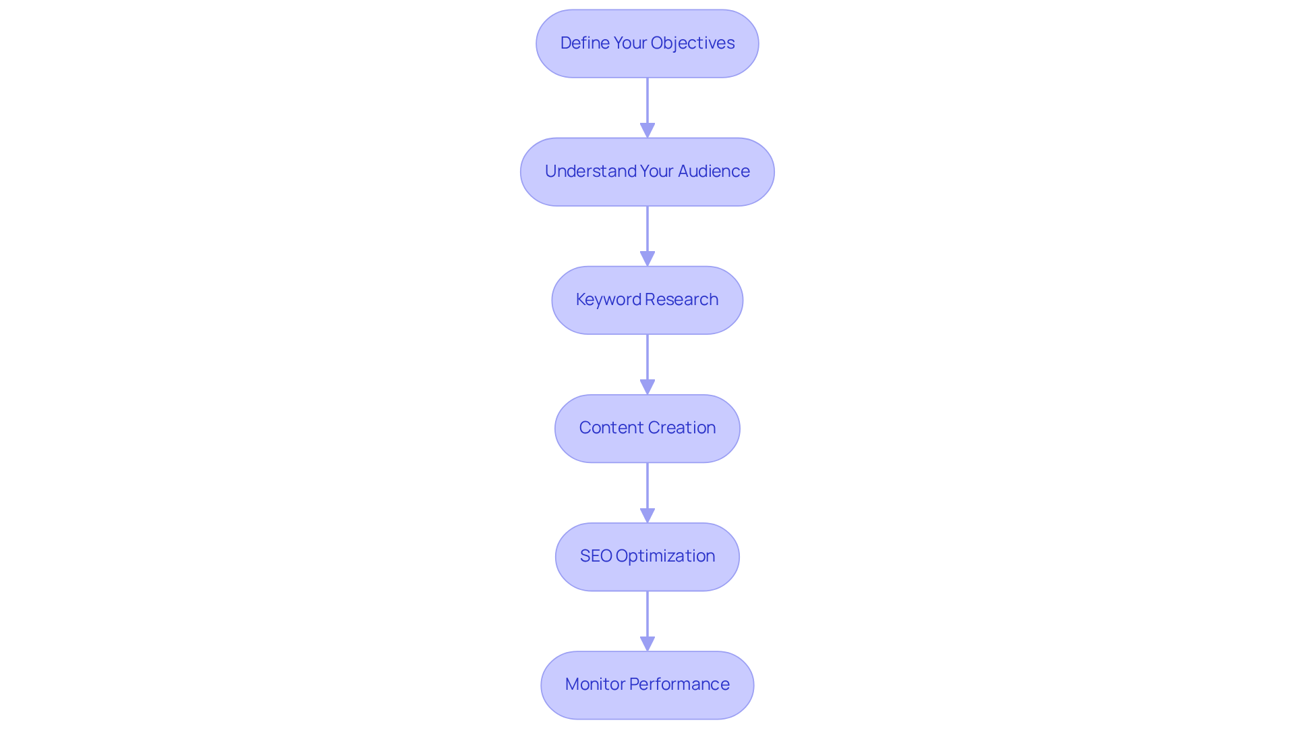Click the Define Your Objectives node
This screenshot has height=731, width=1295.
point(647,43)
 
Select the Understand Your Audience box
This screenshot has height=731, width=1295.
point(647,171)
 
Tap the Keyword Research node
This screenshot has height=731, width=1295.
point(647,300)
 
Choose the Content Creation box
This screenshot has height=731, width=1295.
point(647,428)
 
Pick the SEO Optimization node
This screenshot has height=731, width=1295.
point(647,556)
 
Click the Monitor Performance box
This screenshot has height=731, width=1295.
point(647,684)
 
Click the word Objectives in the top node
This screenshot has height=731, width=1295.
point(693,43)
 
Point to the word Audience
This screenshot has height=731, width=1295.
point(714,171)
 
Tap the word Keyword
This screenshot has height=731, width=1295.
point(608,300)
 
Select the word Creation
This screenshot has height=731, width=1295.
point(682,428)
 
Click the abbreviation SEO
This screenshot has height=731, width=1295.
point(596,556)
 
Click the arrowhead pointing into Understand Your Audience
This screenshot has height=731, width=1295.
point(647,130)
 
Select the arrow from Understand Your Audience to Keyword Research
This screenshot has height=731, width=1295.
point(647,233)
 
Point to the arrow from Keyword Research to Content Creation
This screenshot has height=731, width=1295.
point(647,361)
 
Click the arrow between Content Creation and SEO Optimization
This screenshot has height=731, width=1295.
point(647,489)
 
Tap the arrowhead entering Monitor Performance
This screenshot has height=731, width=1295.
point(647,643)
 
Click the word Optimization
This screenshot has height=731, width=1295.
point(665,556)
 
